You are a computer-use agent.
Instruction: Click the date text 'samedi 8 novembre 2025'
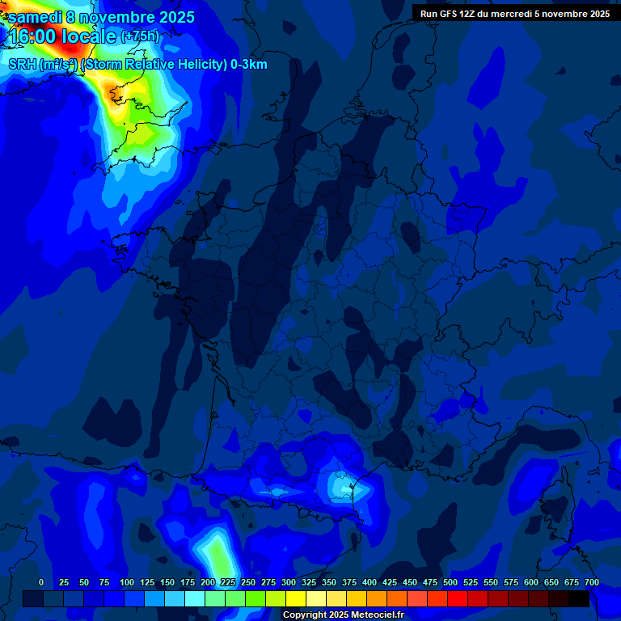coord(101,17)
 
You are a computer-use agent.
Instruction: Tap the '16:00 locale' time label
coord(62,36)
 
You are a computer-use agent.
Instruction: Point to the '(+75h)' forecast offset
coord(140,36)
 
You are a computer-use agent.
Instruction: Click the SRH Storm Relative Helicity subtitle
coord(137,65)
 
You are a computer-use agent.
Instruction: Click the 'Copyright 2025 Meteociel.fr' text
coord(343,615)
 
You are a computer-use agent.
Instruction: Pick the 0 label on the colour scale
coord(41,582)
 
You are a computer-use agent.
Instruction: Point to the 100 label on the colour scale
coord(127,582)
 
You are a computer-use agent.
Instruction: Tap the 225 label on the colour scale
coord(228,582)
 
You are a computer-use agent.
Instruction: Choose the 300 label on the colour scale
coord(289,582)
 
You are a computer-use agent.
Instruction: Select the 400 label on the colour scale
coord(370,582)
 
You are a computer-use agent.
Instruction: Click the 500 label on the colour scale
coord(450,582)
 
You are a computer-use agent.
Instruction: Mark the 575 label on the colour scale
coord(511,582)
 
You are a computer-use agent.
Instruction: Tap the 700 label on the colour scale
coord(592,582)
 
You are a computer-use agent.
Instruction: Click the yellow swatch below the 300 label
coord(296,598)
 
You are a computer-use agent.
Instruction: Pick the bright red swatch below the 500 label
coord(458,598)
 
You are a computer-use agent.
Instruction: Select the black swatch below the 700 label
coord(579,598)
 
